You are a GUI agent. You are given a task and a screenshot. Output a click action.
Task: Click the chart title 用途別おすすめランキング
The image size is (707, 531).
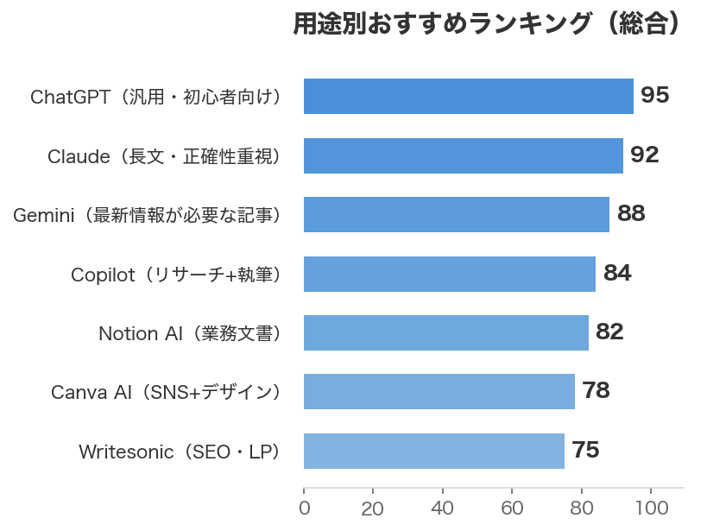click(x=488, y=24)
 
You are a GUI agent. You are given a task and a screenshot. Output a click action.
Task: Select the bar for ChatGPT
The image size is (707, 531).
click(x=468, y=96)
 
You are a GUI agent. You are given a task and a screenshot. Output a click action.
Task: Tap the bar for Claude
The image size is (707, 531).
click(x=463, y=155)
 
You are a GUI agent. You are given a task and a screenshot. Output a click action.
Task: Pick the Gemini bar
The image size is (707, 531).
click(x=456, y=214)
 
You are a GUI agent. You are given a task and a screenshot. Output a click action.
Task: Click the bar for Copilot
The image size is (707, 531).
click(x=449, y=274)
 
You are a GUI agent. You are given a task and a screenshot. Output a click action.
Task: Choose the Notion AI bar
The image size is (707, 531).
click(x=445, y=332)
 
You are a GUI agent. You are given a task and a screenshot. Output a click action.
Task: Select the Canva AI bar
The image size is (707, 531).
click(x=439, y=392)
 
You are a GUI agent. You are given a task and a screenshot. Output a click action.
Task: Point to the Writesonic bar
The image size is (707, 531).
click(x=433, y=451)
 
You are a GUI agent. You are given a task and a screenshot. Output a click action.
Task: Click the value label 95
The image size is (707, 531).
click(x=655, y=96)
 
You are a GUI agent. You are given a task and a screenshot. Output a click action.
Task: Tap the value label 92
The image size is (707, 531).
click(x=645, y=155)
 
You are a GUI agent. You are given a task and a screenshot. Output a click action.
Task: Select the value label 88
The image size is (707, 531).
click(x=631, y=214)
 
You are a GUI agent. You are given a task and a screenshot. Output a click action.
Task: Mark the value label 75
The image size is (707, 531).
click(x=585, y=451)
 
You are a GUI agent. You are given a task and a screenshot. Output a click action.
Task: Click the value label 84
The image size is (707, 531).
click(x=617, y=274)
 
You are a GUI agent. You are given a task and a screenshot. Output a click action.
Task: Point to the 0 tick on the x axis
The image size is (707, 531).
click(x=304, y=509)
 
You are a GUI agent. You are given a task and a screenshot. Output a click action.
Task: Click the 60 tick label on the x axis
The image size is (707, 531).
click(x=512, y=509)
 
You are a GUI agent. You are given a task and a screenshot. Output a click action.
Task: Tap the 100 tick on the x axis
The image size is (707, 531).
click(x=651, y=509)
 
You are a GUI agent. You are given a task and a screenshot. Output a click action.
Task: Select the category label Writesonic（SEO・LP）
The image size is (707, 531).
click(x=180, y=452)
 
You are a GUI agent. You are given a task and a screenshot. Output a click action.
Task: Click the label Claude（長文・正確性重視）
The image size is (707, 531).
click(x=164, y=156)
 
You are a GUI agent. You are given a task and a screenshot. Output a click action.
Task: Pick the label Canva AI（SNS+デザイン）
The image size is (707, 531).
click(x=167, y=393)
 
